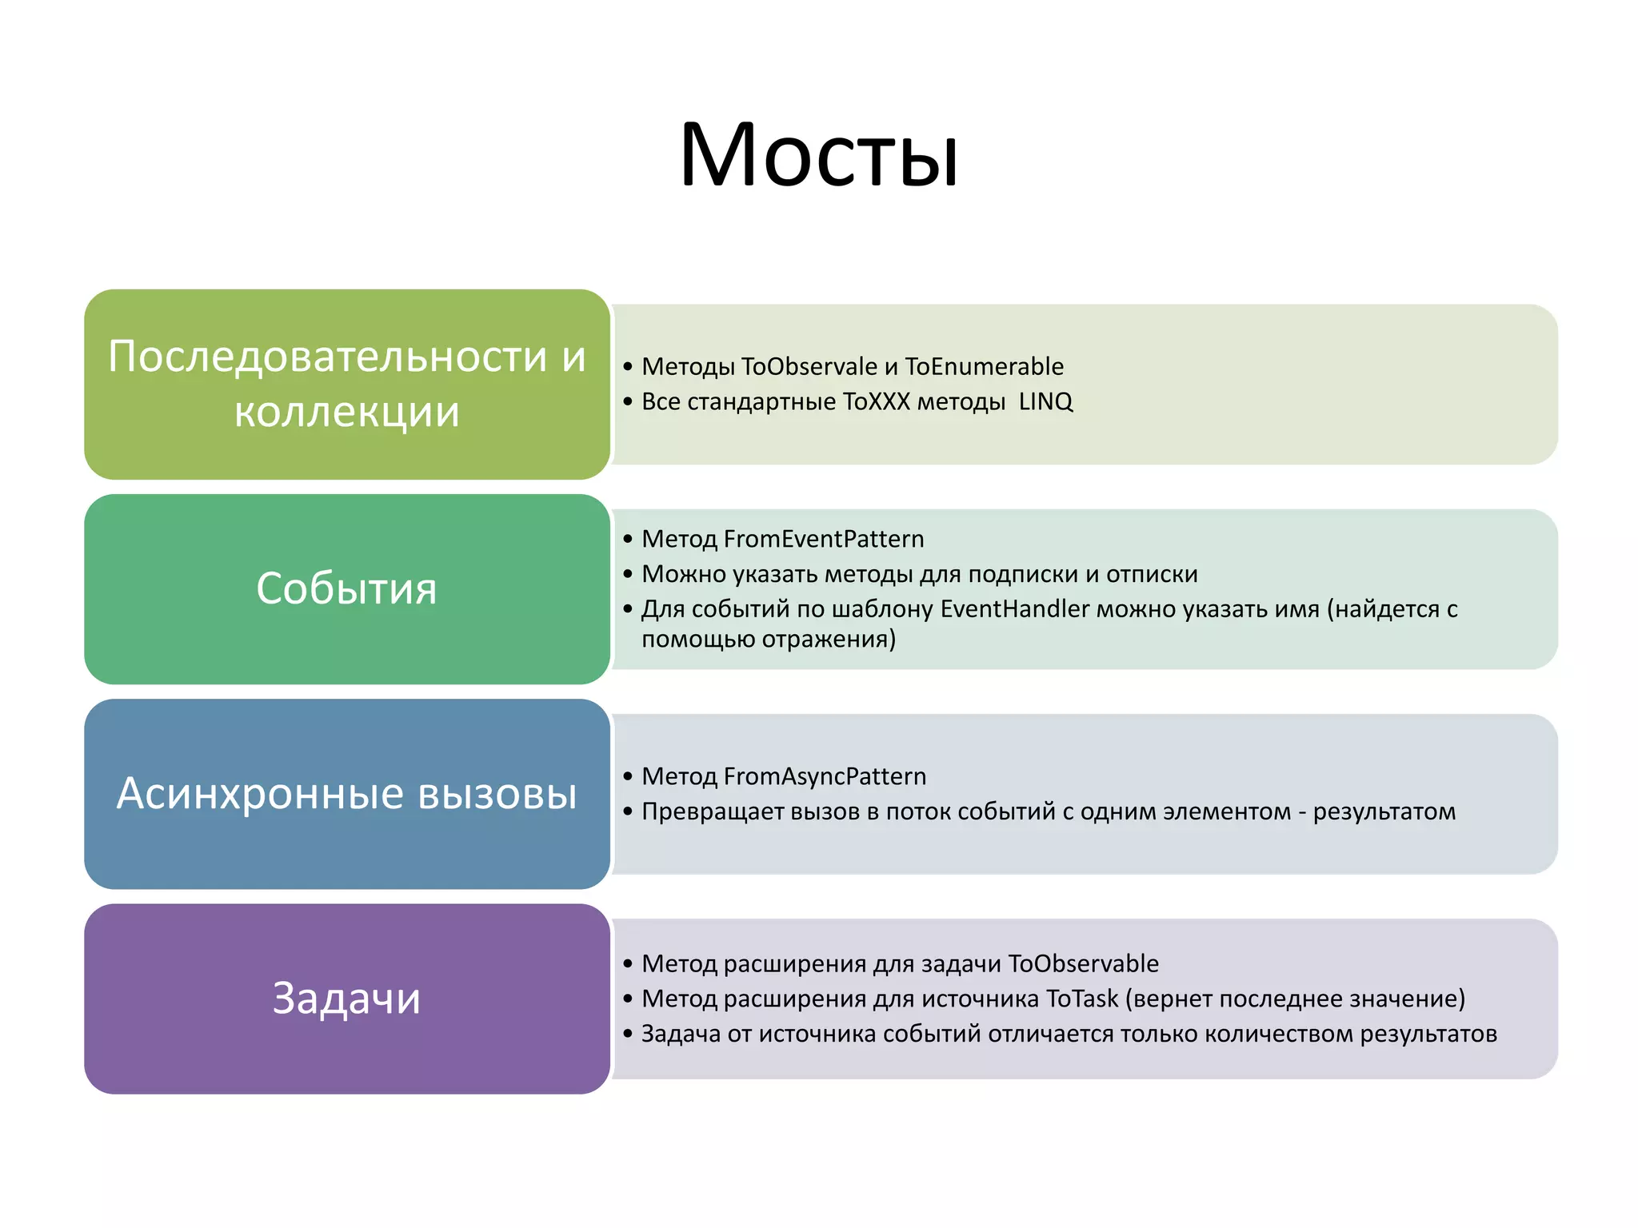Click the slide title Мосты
point(818,155)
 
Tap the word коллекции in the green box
point(347,413)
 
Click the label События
point(346,589)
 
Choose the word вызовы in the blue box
point(497,794)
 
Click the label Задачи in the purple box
point(346,999)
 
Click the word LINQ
point(1045,401)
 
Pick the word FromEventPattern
point(824,539)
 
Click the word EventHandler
point(1014,609)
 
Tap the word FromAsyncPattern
point(825,776)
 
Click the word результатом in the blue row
point(1384,811)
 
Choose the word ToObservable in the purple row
point(1083,963)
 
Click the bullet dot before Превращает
point(628,812)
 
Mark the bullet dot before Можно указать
point(628,575)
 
